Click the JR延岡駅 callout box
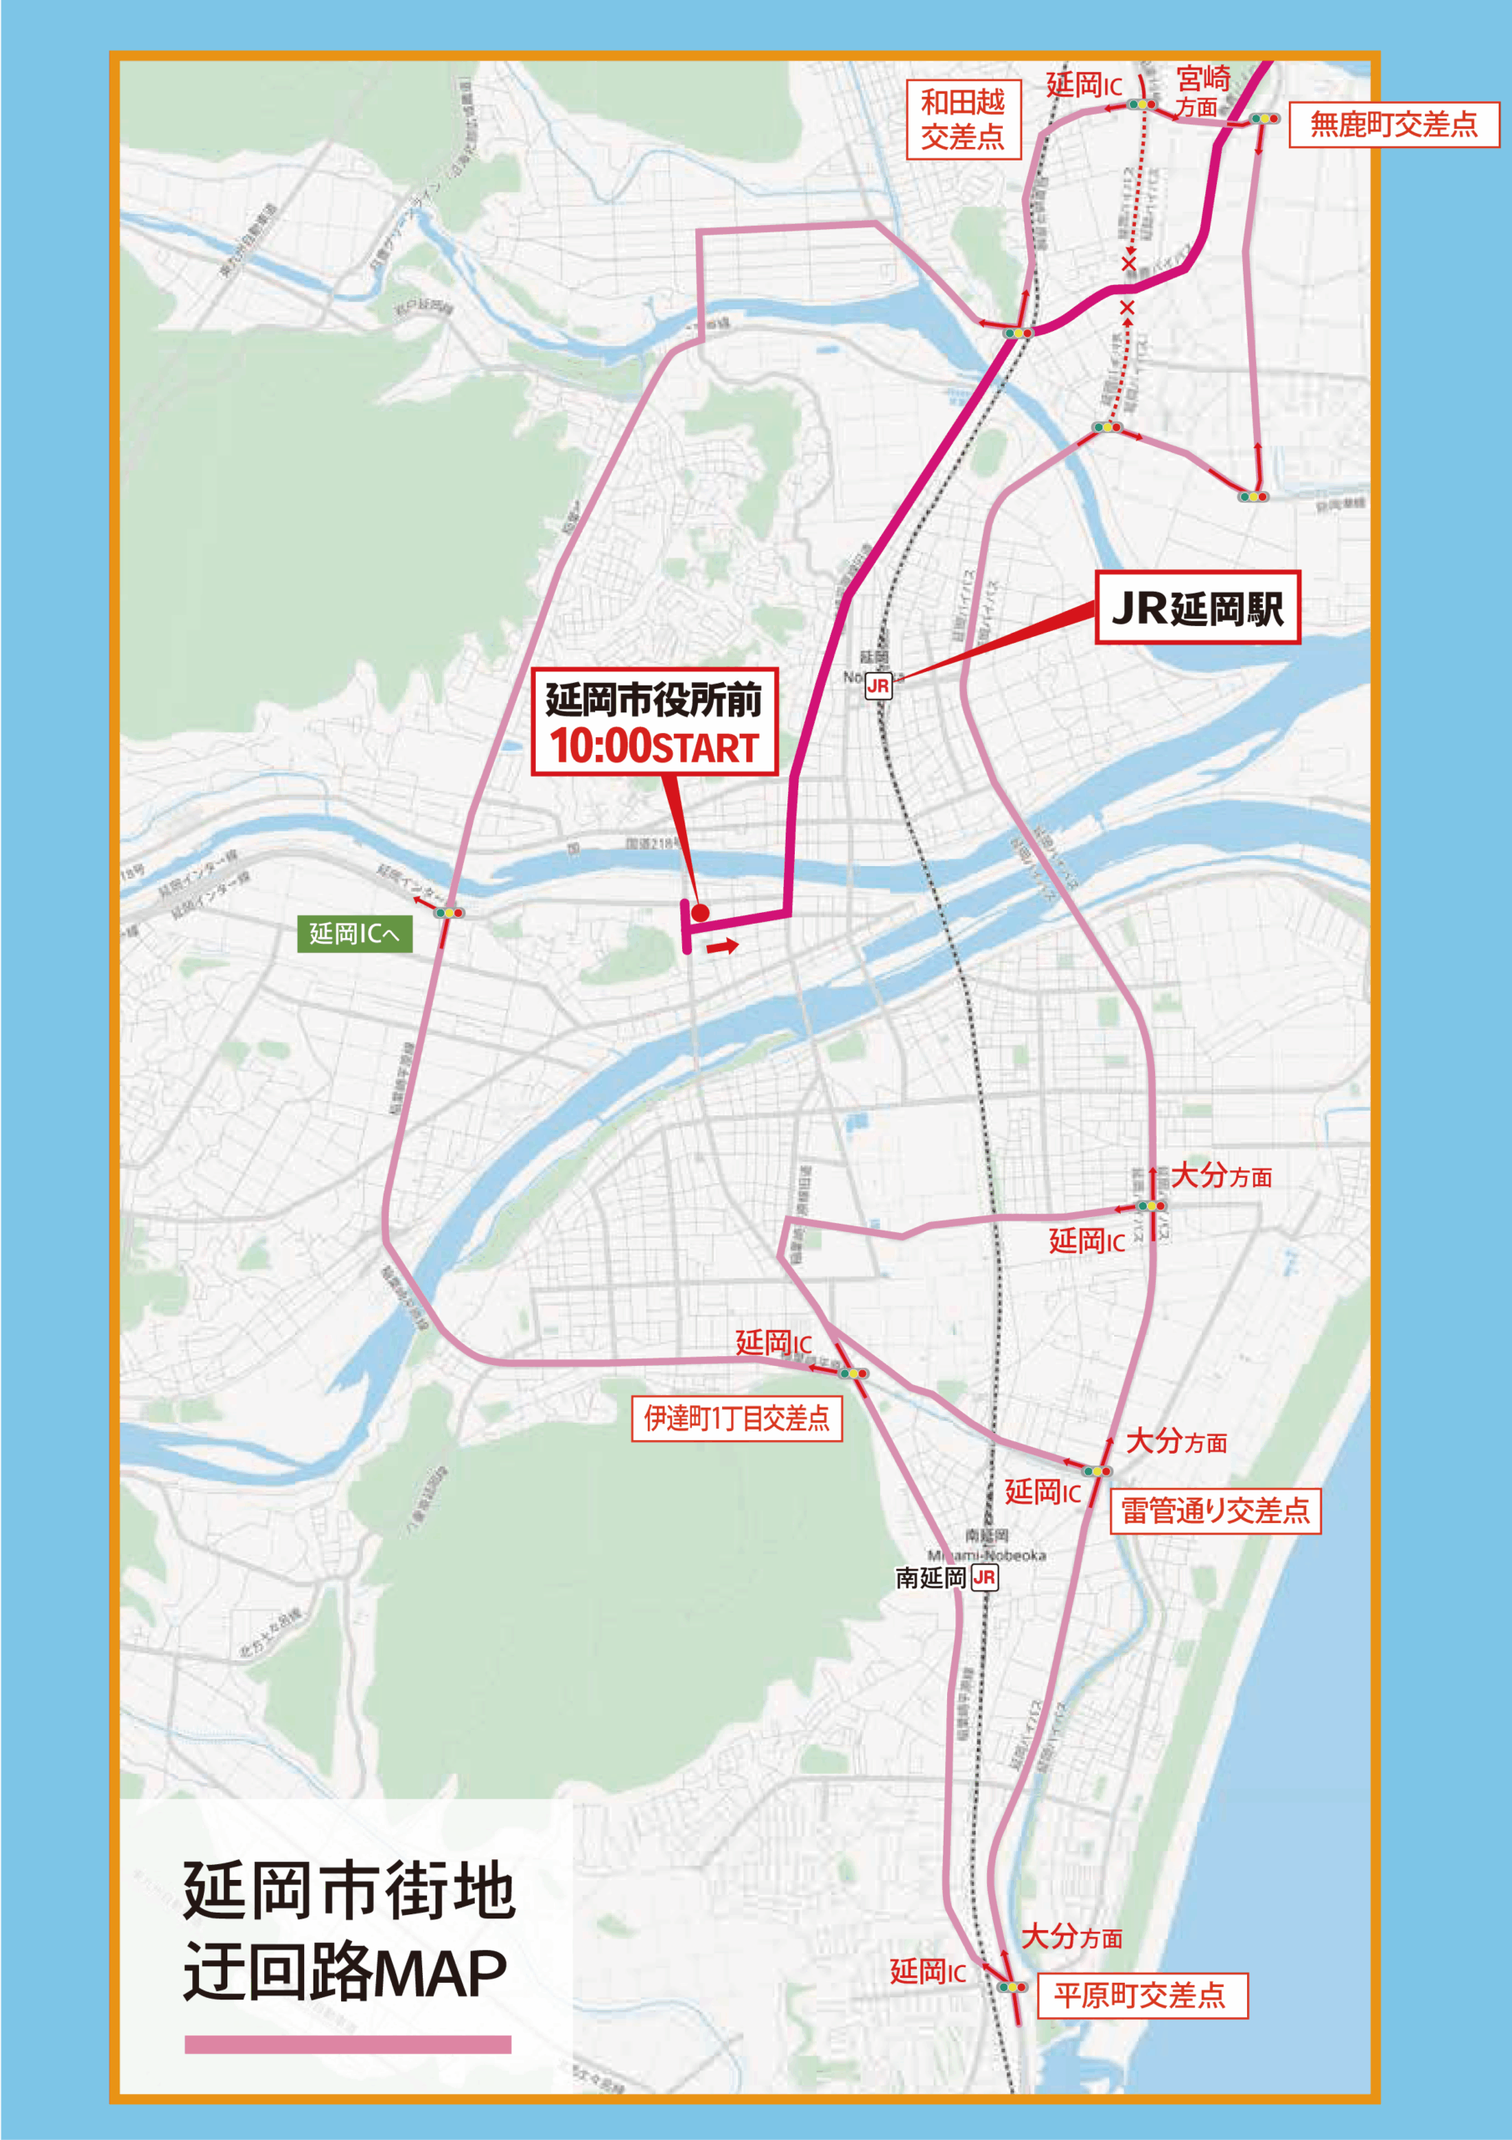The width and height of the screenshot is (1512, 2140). [1197, 608]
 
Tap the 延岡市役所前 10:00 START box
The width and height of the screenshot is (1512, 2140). [654, 722]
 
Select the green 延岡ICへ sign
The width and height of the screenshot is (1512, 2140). [354, 933]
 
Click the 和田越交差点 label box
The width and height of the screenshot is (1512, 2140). [963, 120]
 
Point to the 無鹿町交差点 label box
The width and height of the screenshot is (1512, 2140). [1393, 124]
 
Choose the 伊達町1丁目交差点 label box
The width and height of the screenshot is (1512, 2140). [736, 1419]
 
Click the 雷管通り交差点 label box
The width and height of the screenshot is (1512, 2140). [1214, 1511]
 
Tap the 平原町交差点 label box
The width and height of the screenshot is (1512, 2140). [1141, 1995]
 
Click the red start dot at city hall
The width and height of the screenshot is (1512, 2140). [700, 914]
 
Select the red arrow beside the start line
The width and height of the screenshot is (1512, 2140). [722, 948]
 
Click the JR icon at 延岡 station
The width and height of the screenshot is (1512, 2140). [878, 686]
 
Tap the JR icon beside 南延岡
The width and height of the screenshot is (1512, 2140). [985, 1578]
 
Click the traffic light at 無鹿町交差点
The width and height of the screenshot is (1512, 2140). [1264, 120]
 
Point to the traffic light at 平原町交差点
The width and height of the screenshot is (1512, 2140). [1011, 1987]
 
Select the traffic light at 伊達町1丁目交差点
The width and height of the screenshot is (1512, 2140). [852, 1373]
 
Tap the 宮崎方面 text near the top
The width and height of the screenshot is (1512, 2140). [1203, 90]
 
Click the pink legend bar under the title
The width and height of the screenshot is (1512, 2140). [348, 2045]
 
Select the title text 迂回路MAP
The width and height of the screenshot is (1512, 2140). [345, 1971]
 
